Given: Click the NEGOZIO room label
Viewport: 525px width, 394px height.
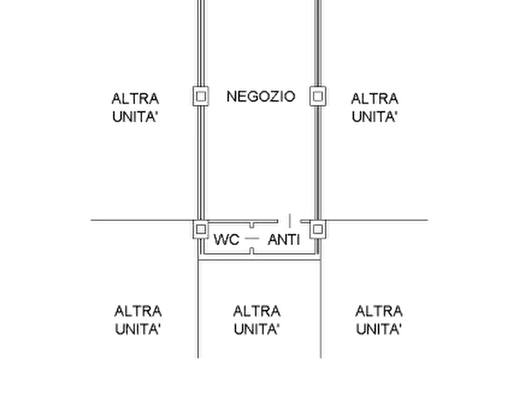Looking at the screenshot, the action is [261, 96].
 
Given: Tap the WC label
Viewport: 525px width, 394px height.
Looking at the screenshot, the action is [226, 239].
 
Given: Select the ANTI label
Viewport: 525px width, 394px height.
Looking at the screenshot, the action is [284, 239].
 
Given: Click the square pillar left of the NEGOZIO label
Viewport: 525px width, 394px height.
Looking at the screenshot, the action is [201, 96].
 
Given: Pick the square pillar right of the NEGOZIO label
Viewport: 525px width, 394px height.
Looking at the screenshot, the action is [317, 96].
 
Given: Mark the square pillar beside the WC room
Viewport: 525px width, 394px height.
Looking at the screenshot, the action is [201, 229].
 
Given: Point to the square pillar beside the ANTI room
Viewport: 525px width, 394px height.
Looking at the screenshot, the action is [317, 229].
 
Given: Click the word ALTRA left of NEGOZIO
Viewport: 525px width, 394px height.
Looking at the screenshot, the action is [135, 99].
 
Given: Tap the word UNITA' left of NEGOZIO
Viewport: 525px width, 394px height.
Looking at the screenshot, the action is [135, 117].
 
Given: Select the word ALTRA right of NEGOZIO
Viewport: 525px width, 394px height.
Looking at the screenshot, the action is [374, 99].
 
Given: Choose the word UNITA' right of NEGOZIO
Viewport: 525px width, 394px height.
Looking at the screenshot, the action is [374, 117].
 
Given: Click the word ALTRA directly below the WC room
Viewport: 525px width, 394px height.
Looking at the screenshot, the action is [257, 311].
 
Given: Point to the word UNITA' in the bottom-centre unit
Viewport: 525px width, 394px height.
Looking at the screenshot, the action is [256, 329].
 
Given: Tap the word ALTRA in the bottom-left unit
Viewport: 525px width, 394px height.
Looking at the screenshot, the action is [138, 311].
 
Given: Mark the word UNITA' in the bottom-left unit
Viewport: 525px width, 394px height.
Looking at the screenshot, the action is [138, 329].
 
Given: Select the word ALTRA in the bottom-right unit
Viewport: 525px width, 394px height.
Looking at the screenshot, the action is [379, 311].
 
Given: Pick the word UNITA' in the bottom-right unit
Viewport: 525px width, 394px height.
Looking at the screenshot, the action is [379, 329].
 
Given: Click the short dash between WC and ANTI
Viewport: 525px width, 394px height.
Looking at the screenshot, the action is [252, 238].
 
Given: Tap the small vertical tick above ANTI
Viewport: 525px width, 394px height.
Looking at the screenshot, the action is [290, 221].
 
